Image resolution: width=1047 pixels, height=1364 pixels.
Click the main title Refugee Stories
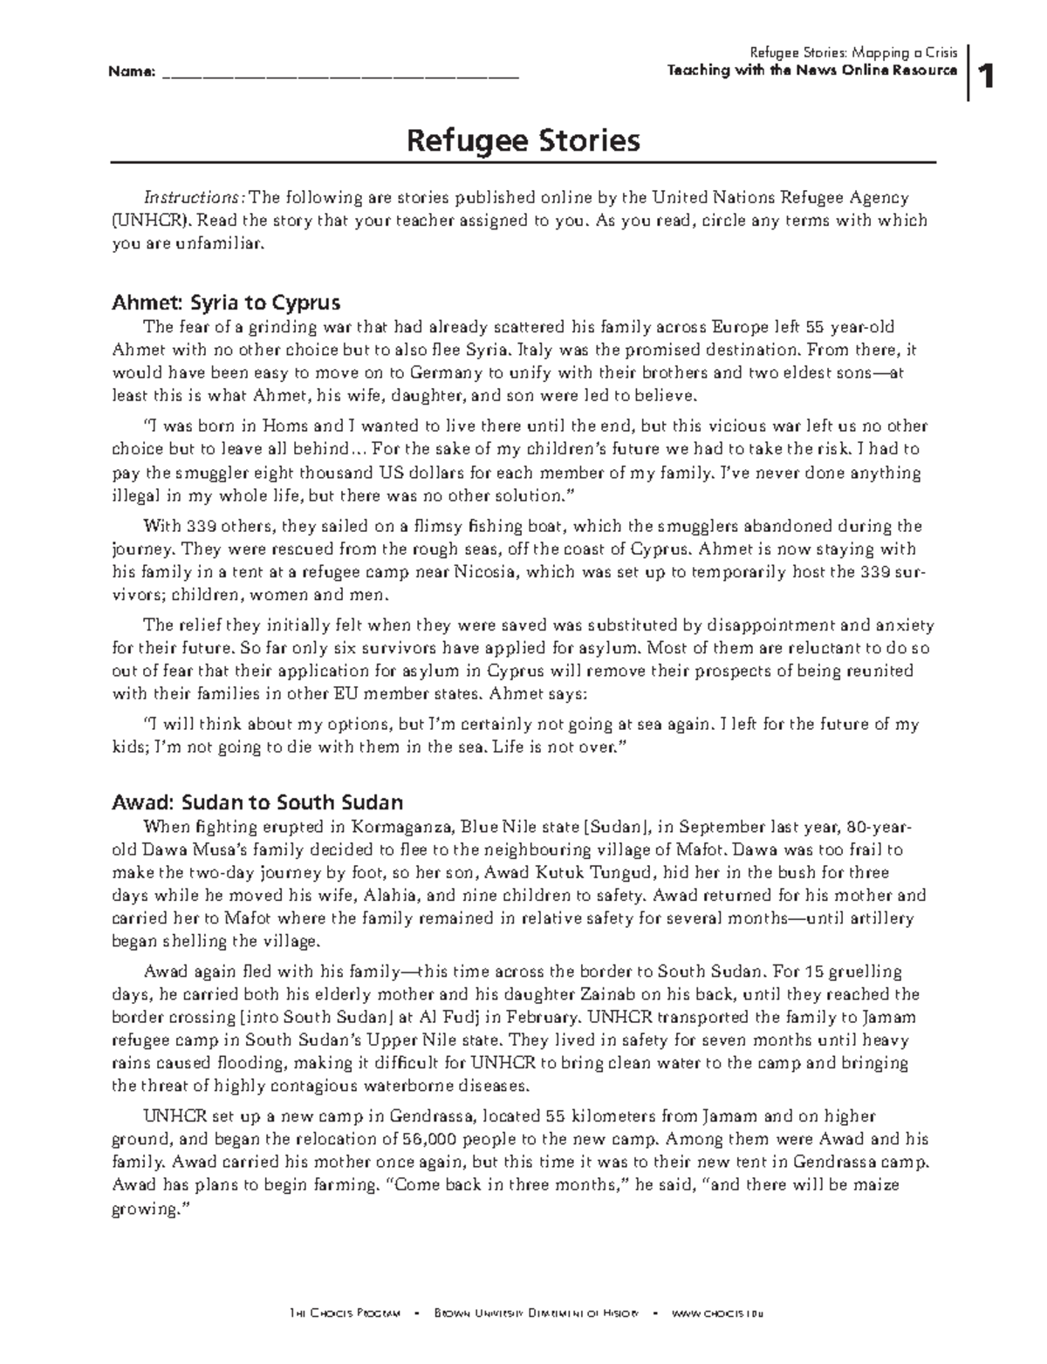[x=523, y=140]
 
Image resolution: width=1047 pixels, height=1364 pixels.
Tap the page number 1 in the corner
[x=987, y=78]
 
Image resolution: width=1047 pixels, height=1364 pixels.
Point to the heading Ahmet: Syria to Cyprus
[x=226, y=303]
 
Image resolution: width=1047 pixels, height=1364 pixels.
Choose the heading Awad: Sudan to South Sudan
[x=257, y=802]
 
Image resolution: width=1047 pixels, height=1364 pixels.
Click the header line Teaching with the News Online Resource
[x=811, y=71]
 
